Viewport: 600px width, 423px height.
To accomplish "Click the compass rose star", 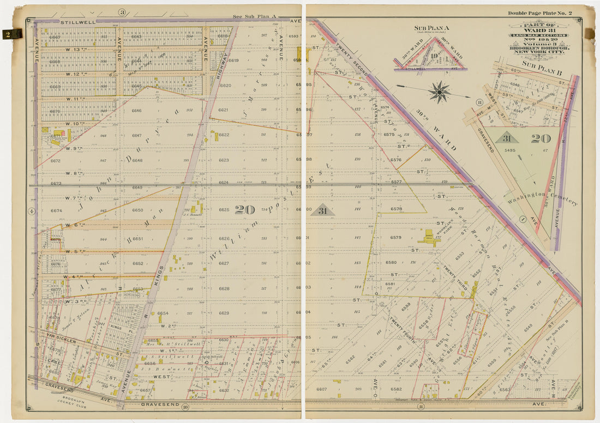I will tap(439, 92).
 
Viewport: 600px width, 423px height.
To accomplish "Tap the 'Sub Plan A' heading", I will tap(431, 28).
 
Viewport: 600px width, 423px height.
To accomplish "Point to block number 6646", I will tap(136, 111).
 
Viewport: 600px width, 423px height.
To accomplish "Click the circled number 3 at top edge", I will tap(122, 13).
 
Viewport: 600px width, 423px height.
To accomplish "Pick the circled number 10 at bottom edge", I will tap(185, 407).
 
